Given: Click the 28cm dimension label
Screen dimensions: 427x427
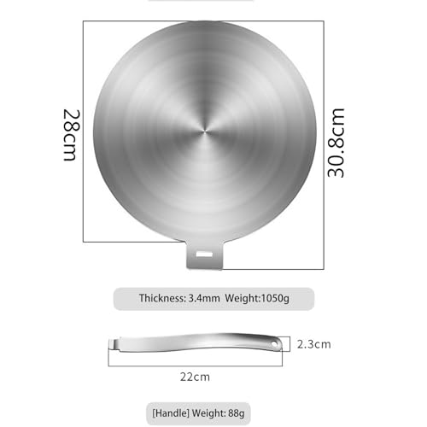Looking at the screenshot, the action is (71, 135).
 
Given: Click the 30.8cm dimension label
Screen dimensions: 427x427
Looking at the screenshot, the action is (336, 143).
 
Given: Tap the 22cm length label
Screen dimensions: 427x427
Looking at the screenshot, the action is (195, 377).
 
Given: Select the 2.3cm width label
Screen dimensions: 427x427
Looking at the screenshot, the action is (314, 344).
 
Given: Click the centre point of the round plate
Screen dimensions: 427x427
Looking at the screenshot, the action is (205, 132).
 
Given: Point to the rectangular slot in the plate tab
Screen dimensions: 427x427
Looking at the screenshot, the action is (204, 254).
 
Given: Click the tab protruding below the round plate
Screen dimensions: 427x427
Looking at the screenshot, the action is (204, 255).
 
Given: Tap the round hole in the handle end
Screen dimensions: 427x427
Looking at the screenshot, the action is (274, 344).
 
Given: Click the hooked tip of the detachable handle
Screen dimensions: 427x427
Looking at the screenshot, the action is (113, 343).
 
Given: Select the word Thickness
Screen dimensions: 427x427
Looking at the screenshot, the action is (162, 298).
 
